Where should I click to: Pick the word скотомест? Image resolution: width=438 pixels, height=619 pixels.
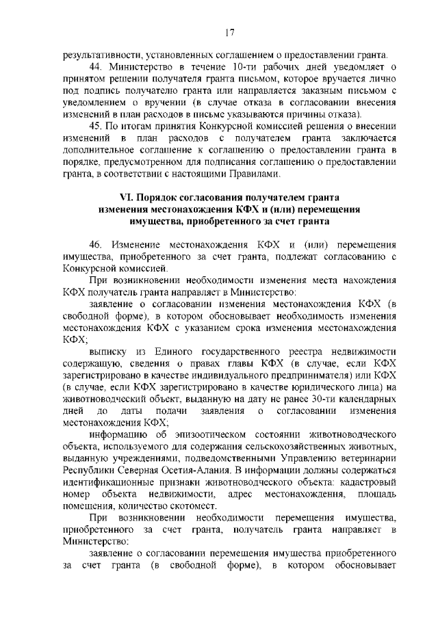203,506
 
